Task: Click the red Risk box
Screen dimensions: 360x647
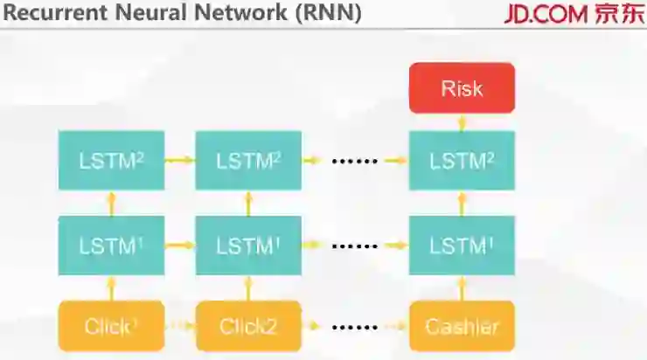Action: coord(462,88)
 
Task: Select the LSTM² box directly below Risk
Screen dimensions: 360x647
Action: coord(462,161)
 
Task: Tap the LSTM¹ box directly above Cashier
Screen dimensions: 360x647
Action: coord(462,246)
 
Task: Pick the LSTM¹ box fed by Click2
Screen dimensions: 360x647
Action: coord(248,246)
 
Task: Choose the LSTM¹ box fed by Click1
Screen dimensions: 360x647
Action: coord(111,246)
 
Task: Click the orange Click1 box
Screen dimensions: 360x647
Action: coord(111,327)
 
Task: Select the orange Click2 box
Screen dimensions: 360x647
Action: coord(248,327)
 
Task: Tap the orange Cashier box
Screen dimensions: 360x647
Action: coord(462,327)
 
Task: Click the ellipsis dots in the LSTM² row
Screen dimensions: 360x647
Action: coord(355,162)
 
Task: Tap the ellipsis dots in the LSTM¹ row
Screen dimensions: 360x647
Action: coord(355,246)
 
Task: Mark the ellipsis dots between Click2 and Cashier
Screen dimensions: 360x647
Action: coord(355,328)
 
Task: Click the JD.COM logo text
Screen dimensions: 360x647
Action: coord(544,15)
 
